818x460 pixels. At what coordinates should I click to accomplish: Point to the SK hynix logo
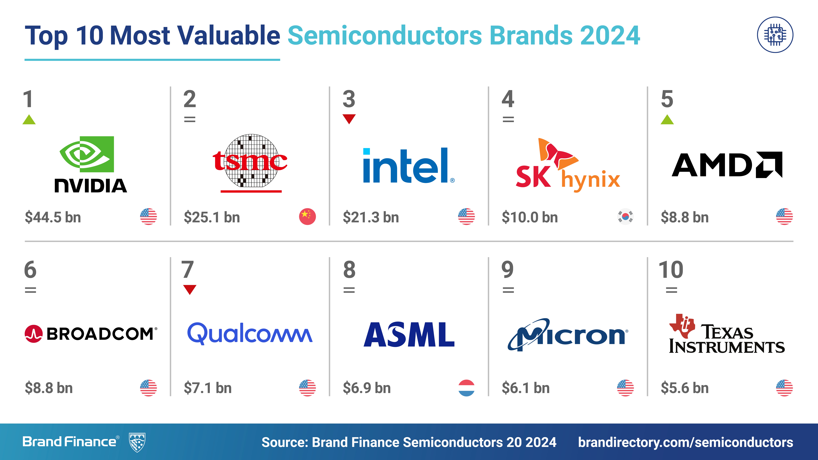pyautogui.click(x=568, y=165)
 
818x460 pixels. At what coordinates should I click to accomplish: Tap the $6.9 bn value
pyautogui.click(x=367, y=388)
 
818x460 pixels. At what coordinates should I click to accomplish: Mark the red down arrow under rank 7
pyautogui.click(x=190, y=289)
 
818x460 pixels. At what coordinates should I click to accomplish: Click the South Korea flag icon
pyautogui.click(x=625, y=217)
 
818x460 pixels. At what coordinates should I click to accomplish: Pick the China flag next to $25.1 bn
pyautogui.click(x=307, y=217)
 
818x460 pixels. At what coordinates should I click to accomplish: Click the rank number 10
pyautogui.click(x=671, y=270)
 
